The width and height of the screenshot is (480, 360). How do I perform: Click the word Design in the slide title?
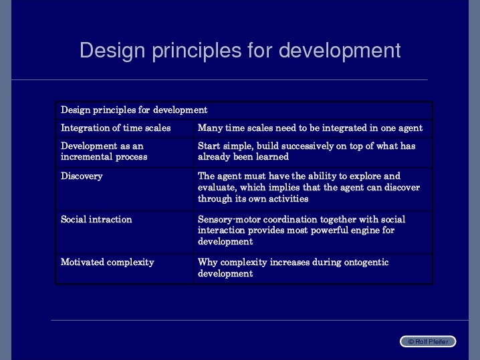112,51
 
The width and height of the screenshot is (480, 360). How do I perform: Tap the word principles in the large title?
197,51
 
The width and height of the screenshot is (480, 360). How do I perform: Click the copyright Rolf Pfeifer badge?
428,341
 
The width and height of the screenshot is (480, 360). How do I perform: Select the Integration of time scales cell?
116,128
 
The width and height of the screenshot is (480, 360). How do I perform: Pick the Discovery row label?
82,176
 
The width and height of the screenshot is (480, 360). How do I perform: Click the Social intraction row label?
96,219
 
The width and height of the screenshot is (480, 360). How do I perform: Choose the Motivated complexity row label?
108,262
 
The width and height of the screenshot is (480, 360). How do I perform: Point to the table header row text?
134,110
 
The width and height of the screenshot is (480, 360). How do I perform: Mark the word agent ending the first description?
410,128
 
